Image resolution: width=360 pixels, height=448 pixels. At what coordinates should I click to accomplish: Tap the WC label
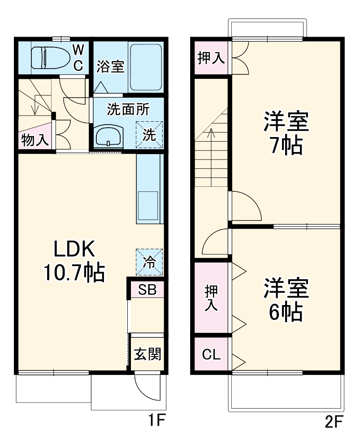(78, 57)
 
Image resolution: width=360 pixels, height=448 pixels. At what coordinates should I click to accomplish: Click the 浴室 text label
(110, 66)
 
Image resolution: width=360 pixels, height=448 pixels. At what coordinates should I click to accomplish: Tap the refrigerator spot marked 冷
(149, 263)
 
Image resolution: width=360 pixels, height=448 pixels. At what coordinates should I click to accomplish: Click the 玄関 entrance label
(147, 354)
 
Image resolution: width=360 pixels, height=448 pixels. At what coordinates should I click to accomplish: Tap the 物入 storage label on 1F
(35, 140)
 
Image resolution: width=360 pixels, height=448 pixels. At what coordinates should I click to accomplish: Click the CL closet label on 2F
(211, 354)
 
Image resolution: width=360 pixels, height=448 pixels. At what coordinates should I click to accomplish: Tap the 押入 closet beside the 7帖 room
(211, 57)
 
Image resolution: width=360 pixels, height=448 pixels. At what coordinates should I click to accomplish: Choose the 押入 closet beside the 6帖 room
(211, 298)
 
